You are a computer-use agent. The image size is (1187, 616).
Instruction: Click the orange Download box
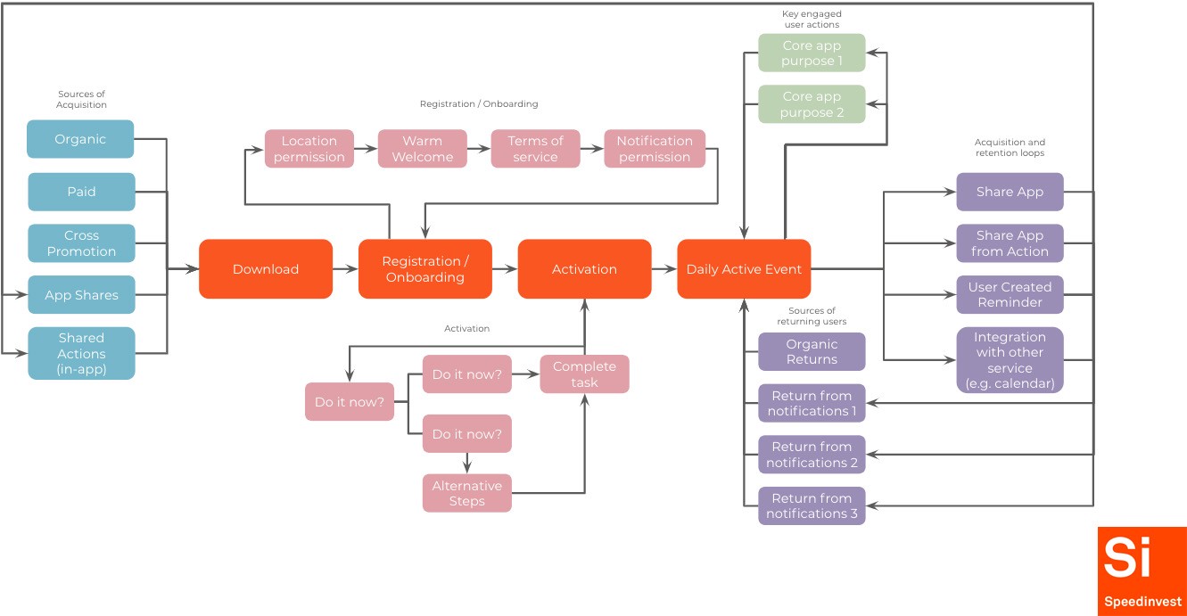tap(266, 269)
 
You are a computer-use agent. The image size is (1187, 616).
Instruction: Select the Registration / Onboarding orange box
tap(425, 269)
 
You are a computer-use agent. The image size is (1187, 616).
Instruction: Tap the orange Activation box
tap(584, 269)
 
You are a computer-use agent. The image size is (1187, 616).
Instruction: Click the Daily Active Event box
tap(744, 269)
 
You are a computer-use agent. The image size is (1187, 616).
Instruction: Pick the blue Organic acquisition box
tap(80, 139)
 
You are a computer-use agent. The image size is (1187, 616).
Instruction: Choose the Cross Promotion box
tap(81, 243)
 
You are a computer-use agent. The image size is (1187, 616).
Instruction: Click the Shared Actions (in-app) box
tap(81, 353)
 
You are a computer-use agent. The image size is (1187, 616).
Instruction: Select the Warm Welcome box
tap(422, 149)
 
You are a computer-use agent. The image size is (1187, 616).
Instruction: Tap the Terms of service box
tap(535, 149)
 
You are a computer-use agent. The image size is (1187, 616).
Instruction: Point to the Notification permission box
tap(654, 149)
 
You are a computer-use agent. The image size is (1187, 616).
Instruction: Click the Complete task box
tap(584, 374)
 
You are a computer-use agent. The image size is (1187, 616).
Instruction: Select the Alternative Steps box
tap(466, 493)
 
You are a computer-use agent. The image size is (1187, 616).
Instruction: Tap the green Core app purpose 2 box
tap(812, 104)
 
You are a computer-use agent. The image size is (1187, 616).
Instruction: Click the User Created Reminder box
tap(1010, 295)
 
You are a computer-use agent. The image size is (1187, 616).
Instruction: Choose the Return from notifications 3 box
tap(812, 505)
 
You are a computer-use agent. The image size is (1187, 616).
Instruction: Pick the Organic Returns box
tap(812, 351)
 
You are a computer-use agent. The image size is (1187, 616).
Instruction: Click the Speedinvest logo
tap(1142, 571)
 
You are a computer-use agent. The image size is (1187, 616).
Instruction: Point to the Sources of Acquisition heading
tap(81, 99)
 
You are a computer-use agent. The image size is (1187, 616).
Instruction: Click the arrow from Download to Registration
tap(345, 269)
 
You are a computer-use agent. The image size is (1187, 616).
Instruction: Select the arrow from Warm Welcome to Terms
tap(479, 149)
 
